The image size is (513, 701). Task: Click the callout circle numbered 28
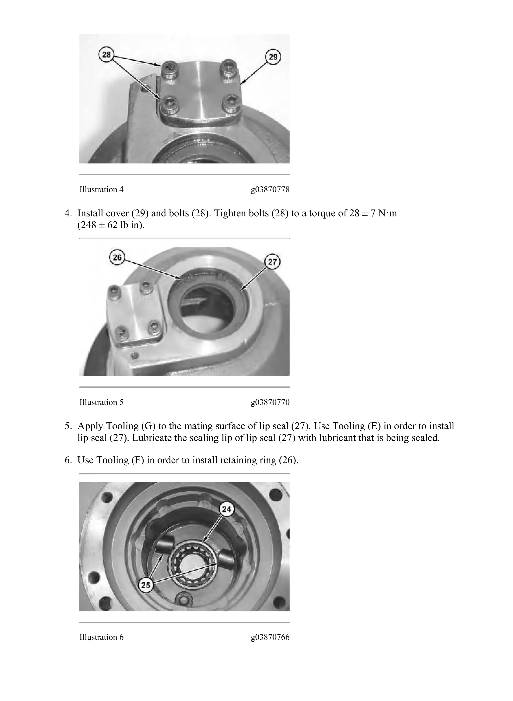[x=106, y=55]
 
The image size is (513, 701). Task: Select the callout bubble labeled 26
[x=117, y=258]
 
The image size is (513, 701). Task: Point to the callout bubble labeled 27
[x=272, y=262]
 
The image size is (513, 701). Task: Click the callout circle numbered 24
[x=227, y=509]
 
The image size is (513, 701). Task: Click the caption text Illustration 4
[x=101, y=189]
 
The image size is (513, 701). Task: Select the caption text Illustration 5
[x=101, y=402]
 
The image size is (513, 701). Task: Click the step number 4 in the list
[x=67, y=214]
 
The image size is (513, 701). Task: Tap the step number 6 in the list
[x=67, y=460]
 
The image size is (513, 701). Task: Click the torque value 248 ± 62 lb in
[x=111, y=225]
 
